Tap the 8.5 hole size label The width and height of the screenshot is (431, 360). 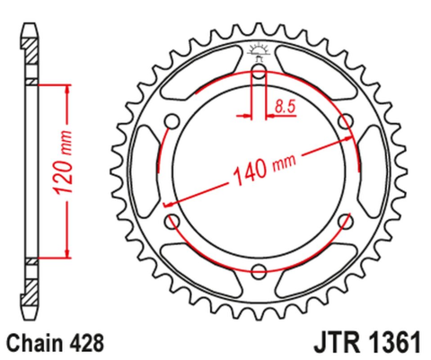point(286,107)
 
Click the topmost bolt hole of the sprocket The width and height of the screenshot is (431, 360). point(259,73)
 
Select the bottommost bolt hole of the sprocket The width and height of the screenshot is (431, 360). point(259,272)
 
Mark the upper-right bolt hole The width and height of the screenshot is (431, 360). point(345,122)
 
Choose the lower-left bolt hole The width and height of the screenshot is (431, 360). point(172,222)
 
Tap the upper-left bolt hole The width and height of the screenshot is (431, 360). point(172,123)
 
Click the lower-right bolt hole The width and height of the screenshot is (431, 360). point(345,222)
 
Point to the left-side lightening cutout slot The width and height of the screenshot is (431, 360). point(146,172)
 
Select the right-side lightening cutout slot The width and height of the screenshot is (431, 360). point(371,172)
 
